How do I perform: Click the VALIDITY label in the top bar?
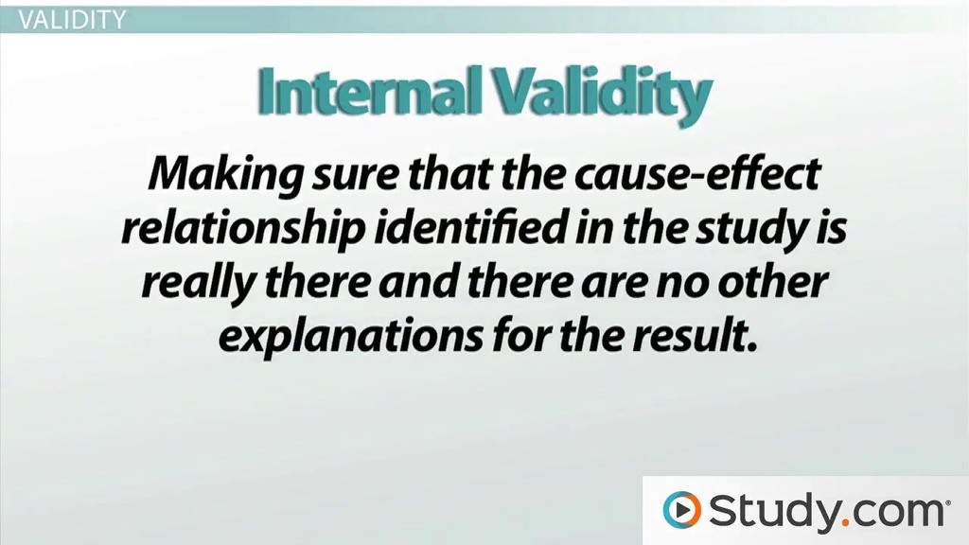pos(72,20)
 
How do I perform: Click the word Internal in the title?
pos(369,91)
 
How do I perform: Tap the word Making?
pos(225,175)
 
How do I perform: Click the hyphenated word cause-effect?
pos(696,174)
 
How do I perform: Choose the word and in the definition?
pos(416,282)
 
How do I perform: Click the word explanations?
pos(350,338)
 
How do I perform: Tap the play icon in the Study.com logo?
pos(681,510)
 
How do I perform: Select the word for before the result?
pos(520,336)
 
